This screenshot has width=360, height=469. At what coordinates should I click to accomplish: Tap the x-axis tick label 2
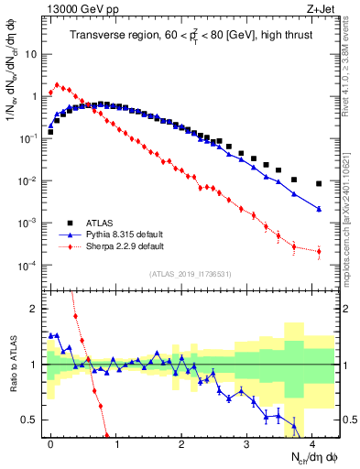(x=181, y=442)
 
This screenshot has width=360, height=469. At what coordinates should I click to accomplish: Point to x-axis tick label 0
(x=50, y=442)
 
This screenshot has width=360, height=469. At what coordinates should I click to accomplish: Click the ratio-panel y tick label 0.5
(x=31, y=420)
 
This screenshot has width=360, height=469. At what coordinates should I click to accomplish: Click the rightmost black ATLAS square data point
(x=319, y=184)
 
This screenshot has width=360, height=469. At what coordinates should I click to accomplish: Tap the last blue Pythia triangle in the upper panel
(x=319, y=209)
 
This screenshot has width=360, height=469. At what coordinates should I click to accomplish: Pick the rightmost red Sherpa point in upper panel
(x=319, y=251)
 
